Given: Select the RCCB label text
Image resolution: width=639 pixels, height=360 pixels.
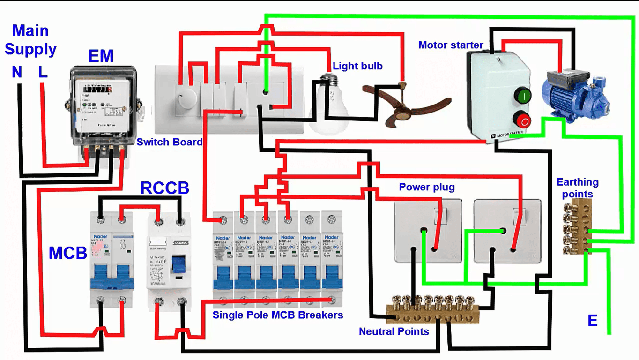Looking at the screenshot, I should tap(165, 188).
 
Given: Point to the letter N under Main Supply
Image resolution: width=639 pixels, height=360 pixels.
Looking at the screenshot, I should tap(17, 72).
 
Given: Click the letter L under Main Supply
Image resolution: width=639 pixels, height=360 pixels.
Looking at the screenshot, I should tap(43, 72).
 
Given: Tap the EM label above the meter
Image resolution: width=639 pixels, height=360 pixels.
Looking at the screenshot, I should tap(101, 56).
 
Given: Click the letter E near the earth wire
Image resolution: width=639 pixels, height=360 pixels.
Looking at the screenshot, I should tap(593, 321).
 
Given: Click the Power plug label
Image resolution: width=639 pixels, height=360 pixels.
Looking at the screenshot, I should tap(427, 187).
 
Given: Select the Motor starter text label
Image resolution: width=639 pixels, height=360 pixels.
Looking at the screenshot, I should tap(451, 45).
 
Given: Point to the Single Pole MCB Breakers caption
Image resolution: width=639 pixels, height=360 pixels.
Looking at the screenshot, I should tap(277, 315).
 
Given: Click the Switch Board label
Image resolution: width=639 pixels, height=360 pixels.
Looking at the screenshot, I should tap(170, 142).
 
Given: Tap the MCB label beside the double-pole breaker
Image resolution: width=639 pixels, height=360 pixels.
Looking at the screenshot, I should tap(68, 253).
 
